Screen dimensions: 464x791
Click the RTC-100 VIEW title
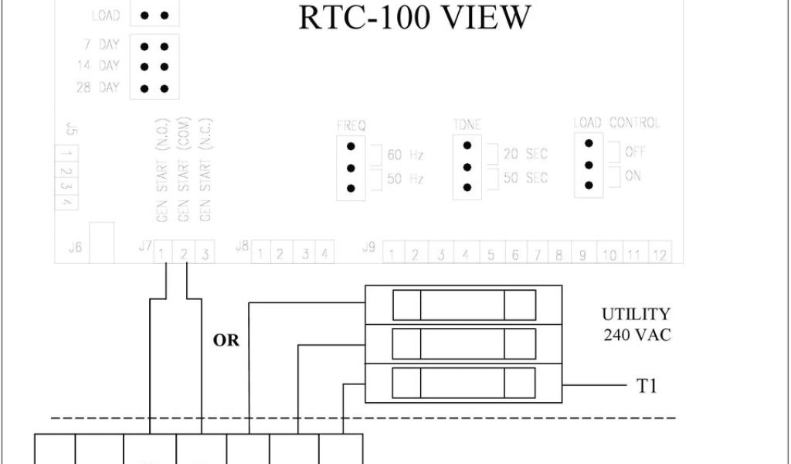415,17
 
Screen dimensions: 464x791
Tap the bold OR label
226,340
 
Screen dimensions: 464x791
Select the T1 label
647,386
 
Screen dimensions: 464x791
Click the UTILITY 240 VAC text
636,324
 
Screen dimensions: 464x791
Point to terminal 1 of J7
163,253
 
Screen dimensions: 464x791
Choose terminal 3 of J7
205,253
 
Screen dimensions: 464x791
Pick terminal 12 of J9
659,254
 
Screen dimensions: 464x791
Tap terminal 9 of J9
582,254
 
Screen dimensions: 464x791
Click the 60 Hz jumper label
406,155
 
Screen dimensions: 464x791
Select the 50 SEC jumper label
525,178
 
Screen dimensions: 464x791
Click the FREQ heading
351,125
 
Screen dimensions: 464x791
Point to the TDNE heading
467,125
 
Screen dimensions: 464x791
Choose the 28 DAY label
97,87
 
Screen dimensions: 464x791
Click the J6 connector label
75,247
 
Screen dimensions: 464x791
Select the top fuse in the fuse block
463,305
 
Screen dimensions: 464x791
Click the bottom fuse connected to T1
463,383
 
